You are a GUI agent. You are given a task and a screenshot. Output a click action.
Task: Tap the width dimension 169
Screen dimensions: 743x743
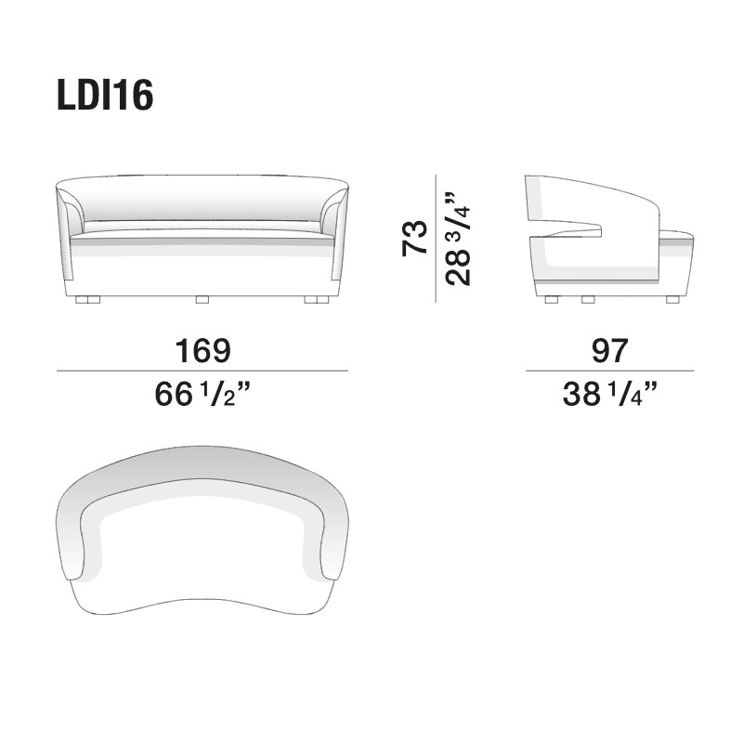pyautogui.click(x=202, y=350)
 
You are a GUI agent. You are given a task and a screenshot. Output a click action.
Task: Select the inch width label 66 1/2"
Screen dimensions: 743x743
pyautogui.click(x=202, y=395)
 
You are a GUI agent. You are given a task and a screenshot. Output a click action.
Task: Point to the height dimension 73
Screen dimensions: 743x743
pyautogui.click(x=414, y=238)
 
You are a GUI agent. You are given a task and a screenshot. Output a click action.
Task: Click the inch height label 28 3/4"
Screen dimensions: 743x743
pyautogui.click(x=460, y=238)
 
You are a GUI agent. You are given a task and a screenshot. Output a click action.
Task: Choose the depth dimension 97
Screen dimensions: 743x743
pyautogui.click(x=608, y=350)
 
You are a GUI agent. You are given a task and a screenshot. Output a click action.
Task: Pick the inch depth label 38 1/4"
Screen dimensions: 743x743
pyautogui.click(x=608, y=395)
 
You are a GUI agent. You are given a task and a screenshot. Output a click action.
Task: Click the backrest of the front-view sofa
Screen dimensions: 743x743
pyautogui.click(x=202, y=200)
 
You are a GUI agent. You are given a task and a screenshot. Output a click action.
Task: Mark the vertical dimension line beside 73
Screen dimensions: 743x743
pyautogui.click(x=436, y=238)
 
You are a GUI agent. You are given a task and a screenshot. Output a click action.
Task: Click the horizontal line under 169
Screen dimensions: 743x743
pyautogui.click(x=202, y=371)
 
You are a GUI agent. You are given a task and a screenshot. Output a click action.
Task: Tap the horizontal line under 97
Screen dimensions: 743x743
pyautogui.click(x=608, y=371)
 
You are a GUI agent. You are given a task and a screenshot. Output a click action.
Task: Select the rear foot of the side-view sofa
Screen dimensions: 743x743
pyautogui.click(x=551, y=299)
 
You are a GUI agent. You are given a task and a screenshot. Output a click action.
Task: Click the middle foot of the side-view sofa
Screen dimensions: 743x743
pyautogui.click(x=587, y=299)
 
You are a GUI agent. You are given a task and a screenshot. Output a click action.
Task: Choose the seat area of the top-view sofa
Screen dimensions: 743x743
pyautogui.click(x=204, y=557)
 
